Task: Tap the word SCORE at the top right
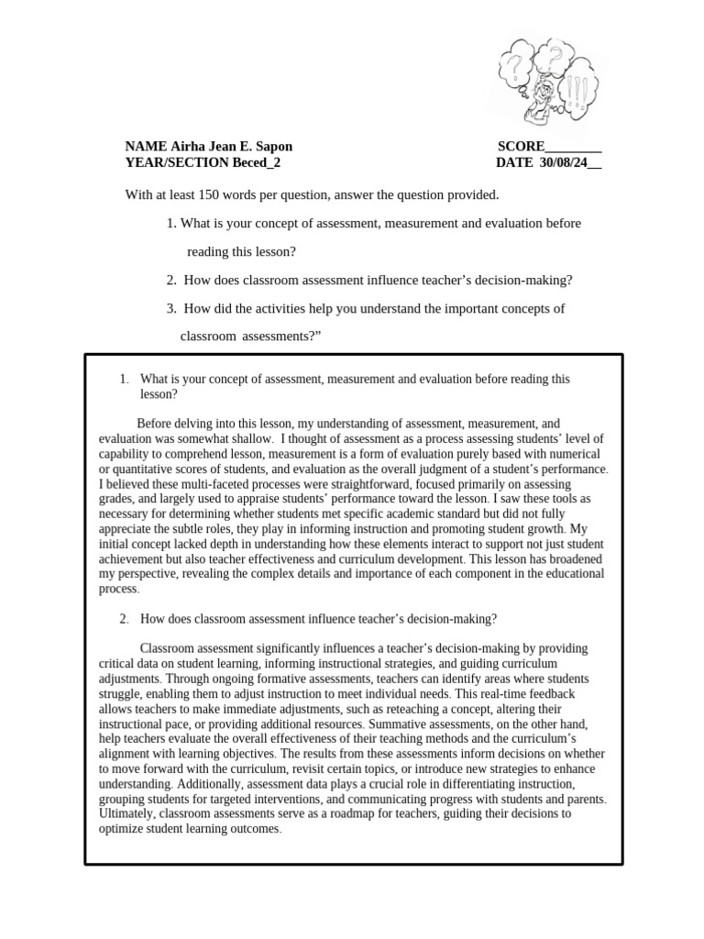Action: point(521,147)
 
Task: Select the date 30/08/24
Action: point(561,163)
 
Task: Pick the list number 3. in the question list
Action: point(171,308)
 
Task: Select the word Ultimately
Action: point(128,813)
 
